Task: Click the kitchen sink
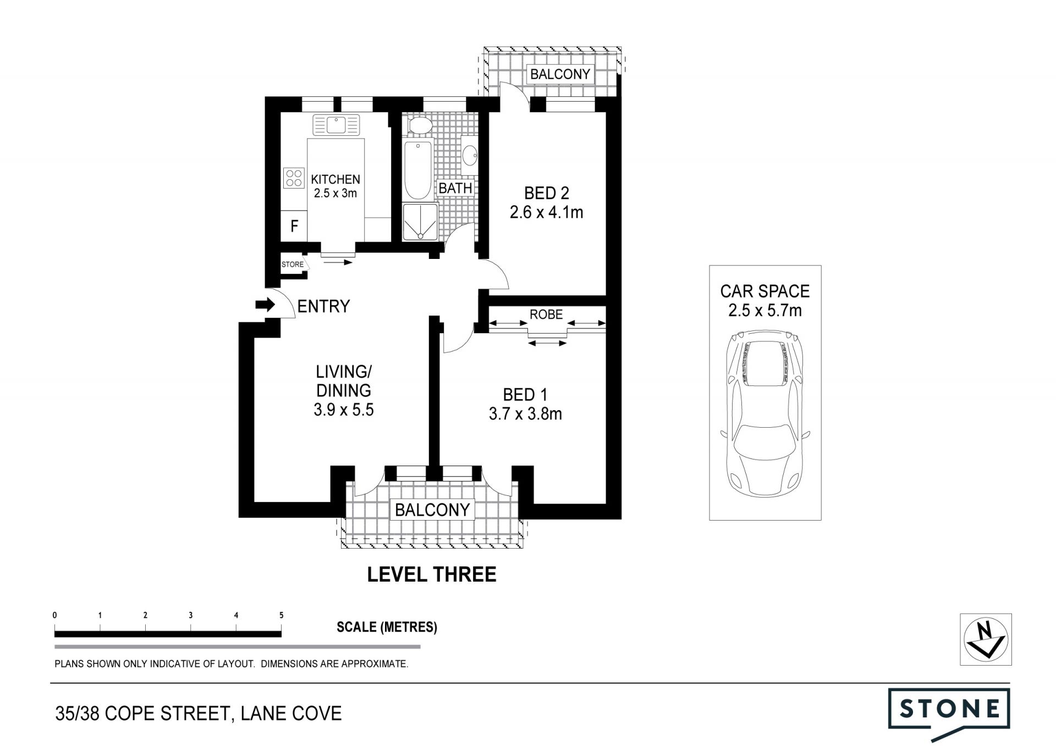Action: pos(336,125)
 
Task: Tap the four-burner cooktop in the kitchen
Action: pos(294,178)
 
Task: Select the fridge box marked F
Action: pos(294,226)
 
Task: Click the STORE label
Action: pos(293,264)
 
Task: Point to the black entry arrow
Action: pos(265,305)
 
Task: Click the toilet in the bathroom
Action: pos(421,126)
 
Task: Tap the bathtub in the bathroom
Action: pos(418,170)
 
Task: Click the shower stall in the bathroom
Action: pos(421,222)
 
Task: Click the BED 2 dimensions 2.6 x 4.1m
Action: pos(546,212)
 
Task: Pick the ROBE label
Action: pos(546,314)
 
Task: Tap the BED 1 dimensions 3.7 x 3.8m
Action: pos(525,414)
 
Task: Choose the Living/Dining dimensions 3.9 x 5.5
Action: pos(344,410)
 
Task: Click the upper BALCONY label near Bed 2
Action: pos(560,74)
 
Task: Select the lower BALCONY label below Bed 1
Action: pos(432,510)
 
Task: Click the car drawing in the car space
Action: pos(765,413)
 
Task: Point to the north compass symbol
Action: pos(986,639)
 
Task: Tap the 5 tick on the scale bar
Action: pos(282,616)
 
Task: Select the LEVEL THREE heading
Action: pos(432,574)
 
